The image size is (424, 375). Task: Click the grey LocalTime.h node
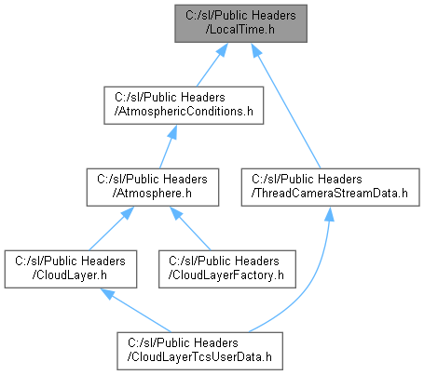coord(240,23)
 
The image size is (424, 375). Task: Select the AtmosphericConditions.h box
coord(184,105)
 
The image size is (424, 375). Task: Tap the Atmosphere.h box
coord(153,187)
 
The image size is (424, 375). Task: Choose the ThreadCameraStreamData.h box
coord(330,187)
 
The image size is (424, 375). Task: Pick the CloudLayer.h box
coord(71,269)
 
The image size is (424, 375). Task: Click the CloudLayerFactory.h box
coord(227,269)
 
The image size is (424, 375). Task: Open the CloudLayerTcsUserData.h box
coord(199,351)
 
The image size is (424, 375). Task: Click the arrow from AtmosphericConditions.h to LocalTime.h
coord(212,65)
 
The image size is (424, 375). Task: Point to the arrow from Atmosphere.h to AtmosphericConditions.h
coord(168,147)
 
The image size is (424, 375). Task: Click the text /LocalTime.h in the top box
coord(240,30)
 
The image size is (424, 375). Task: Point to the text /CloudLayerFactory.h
coord(226,275)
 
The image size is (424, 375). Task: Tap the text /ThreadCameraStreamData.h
coord(330,194)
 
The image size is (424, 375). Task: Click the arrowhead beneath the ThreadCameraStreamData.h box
coord(329,214)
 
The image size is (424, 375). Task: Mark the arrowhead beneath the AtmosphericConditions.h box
coord(172,132)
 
